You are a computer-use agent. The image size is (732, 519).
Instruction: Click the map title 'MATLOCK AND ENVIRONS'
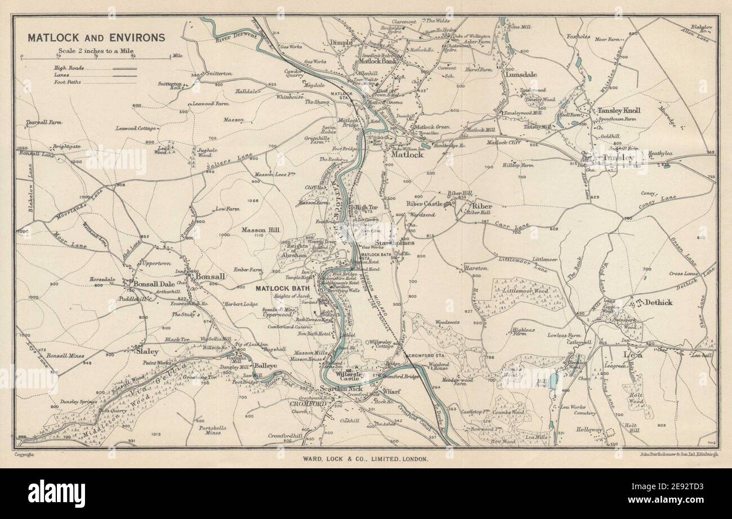(96, 38)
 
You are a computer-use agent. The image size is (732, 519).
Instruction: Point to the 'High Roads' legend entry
(66, 68)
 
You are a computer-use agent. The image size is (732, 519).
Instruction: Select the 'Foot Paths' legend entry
(67, 82)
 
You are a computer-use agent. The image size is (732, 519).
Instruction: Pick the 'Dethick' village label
(657, 302)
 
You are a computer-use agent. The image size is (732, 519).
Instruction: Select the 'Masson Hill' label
(261, 230)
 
